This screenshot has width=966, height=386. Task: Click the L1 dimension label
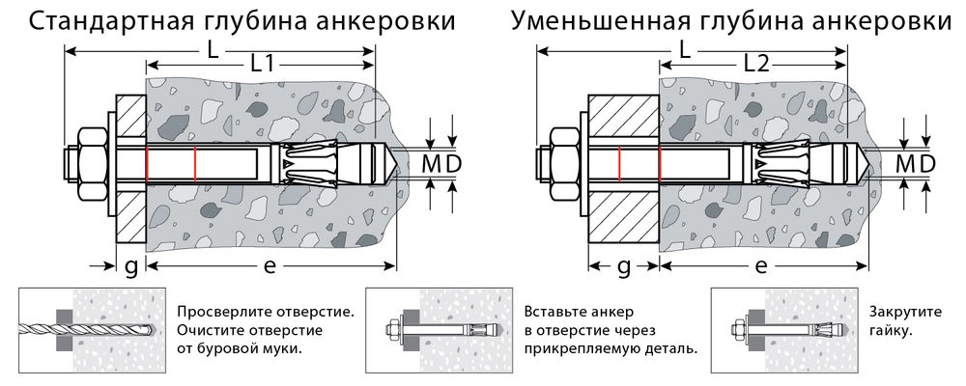(262, 65)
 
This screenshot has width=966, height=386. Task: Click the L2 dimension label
(756, 65)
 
